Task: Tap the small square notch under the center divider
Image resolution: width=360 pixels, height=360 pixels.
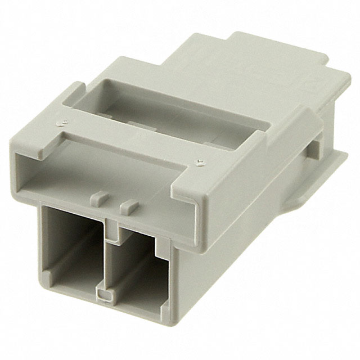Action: pos(102,294)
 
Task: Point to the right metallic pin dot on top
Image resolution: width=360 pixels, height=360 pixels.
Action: pos(200,162)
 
